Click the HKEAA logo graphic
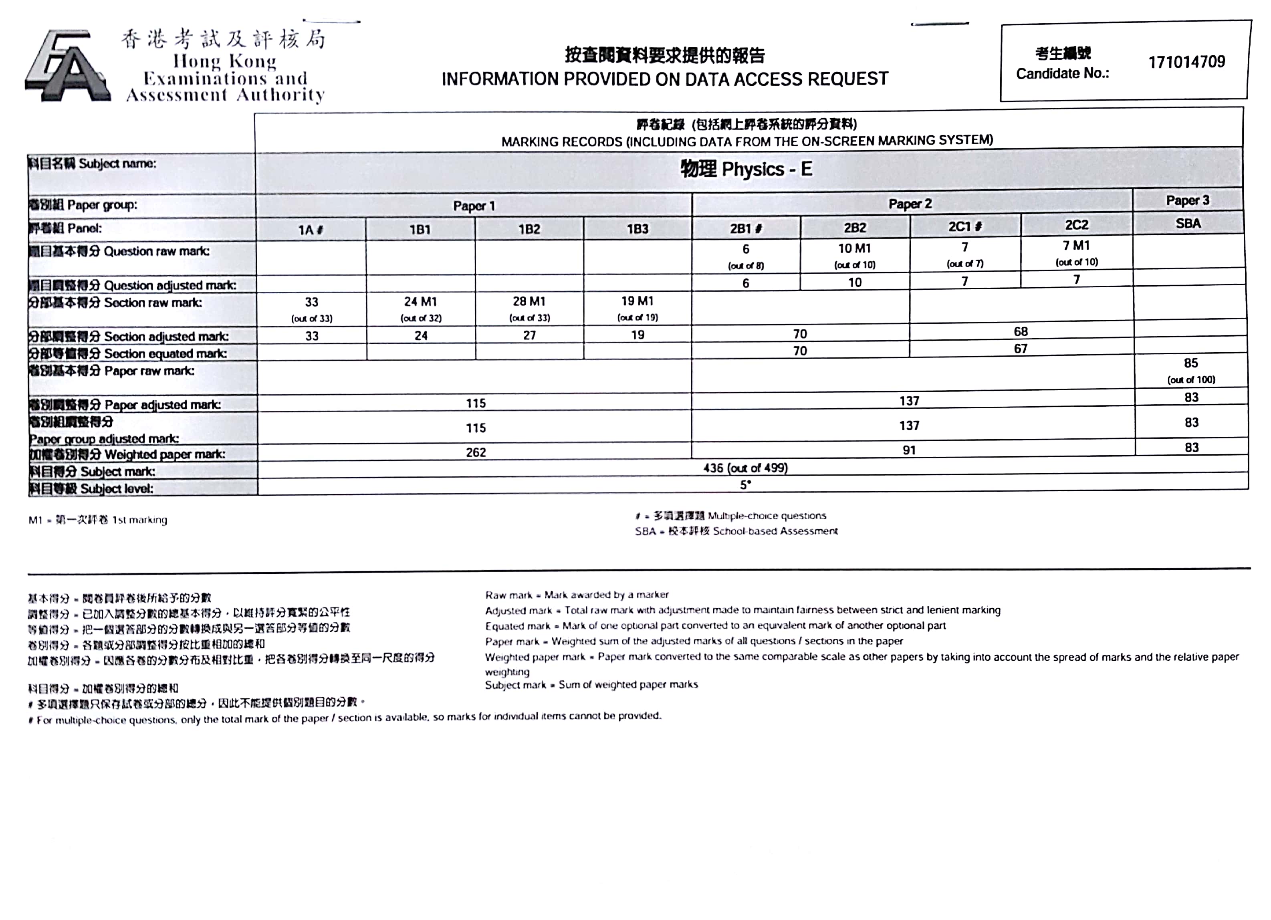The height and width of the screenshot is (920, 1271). coord(67,67)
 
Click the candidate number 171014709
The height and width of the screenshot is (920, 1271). coord(1186,62)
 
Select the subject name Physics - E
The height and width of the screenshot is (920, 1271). coord(746,169)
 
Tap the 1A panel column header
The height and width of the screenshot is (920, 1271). coord(311,230)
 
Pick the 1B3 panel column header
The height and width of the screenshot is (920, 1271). coord(637,229)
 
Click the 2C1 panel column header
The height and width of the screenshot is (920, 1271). coord(964,227)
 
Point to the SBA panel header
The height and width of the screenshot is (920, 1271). coord(1188,224)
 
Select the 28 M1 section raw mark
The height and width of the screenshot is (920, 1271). coord(529,301)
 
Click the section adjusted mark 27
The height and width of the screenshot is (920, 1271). coord(530,335)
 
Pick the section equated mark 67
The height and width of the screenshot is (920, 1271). coord(1021,349)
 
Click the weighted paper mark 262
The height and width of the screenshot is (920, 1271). coord(476,452)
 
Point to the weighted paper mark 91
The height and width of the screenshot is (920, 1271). coord(909,450)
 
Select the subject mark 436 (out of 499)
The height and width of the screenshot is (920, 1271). coord(745,468)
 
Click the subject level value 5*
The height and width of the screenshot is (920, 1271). coord(745,485)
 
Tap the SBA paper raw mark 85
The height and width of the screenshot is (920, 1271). coord(1191,363)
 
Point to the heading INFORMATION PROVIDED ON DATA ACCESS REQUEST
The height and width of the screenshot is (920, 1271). coord(665,79)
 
